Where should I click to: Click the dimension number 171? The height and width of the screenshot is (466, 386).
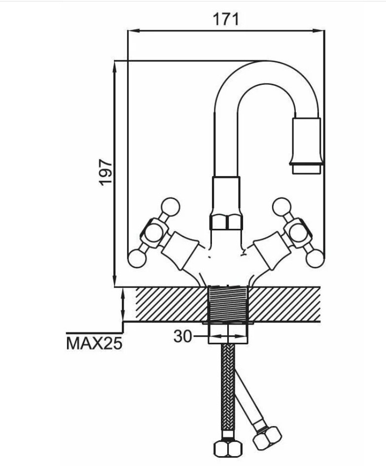point(226,19)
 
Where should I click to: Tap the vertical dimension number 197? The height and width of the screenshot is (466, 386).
point(106,173)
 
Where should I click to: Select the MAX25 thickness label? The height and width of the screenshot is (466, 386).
point(94,344)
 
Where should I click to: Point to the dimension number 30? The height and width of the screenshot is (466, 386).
point(182,336)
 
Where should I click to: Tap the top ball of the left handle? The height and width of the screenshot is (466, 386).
point(170,207)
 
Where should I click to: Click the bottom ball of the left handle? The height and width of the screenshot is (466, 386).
point(137,258)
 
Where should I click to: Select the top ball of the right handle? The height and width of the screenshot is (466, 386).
point(281,207)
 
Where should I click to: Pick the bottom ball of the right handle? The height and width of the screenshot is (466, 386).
point(315,258)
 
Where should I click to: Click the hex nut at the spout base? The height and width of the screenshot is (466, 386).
point(226,222)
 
